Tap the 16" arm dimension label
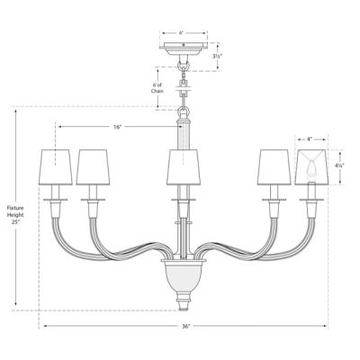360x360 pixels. [x=118, y=127]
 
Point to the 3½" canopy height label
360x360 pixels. [x=217, y=56]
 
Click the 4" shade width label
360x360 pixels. [x=310, y=139]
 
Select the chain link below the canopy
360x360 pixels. [x=184, y=67]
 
